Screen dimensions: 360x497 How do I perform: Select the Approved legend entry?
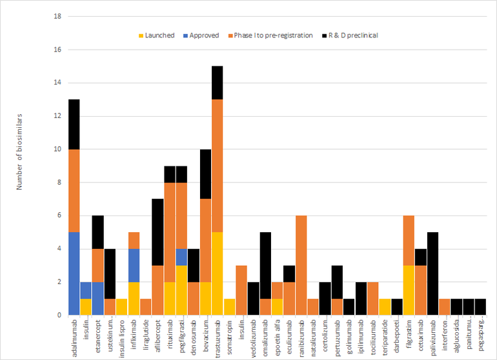[204, 35]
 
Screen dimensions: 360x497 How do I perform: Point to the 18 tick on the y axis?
[57, 16]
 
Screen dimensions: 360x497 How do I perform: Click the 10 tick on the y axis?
[57, 149]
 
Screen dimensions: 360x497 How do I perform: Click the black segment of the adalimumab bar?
[74, 125]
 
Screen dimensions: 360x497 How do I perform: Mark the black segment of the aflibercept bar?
[157, 232]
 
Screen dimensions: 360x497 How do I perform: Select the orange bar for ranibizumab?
[300, 265]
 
